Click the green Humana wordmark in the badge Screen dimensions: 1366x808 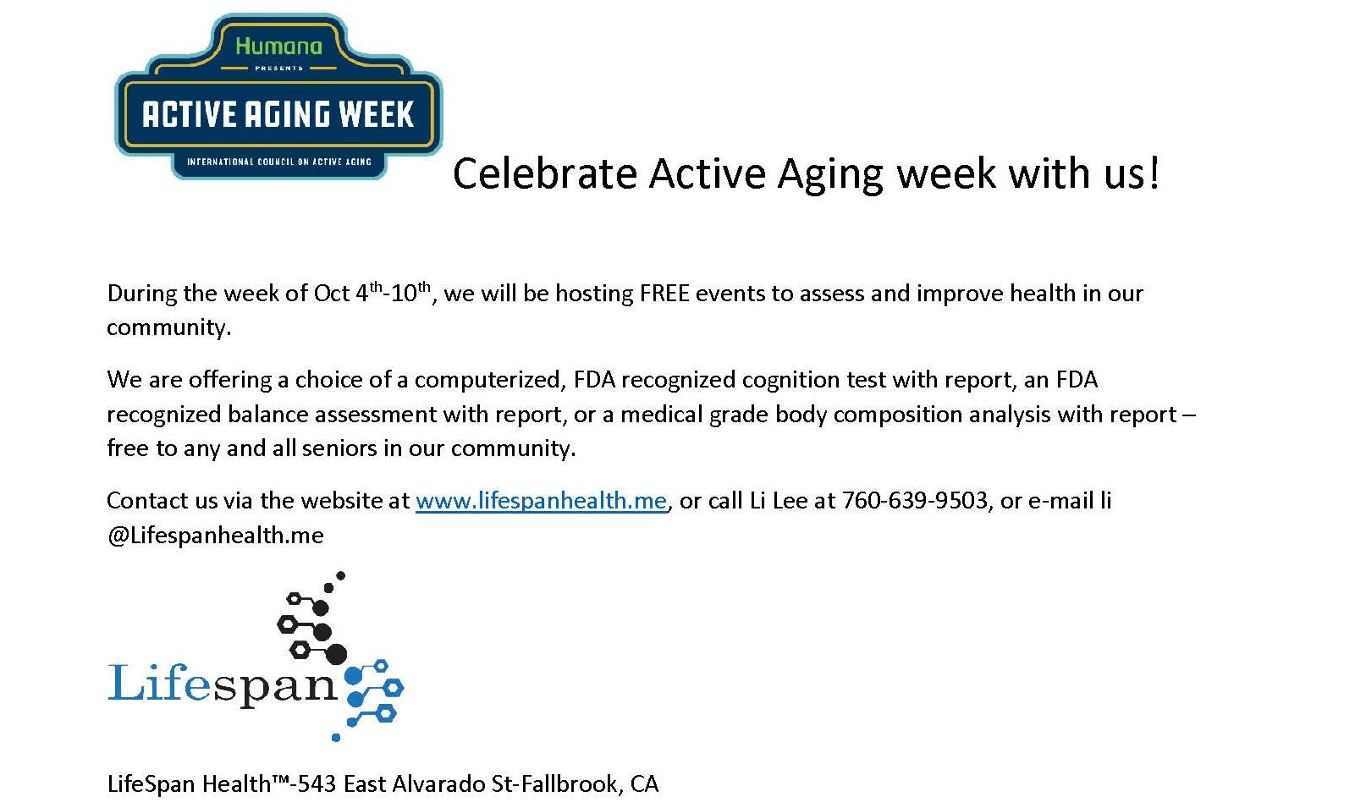point(278,46)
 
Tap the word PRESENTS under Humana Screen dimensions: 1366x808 point(278,69)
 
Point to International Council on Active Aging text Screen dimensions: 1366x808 point(278,162)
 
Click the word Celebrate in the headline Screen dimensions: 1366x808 point(544,173)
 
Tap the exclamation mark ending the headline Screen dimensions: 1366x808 point(1154,173)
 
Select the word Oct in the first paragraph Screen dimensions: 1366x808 point(331,294)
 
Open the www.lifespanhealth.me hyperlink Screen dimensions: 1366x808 point(541,501)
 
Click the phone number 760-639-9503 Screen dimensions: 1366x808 point(915,501)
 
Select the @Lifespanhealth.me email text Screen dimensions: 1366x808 point(215,536)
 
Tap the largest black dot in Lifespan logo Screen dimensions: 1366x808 point(336,654)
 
